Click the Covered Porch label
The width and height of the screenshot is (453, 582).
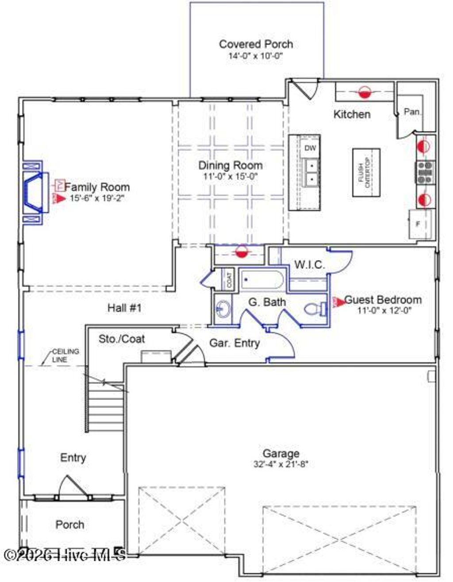tap(256, 44)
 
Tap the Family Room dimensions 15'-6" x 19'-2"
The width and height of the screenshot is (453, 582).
tap(97, 199)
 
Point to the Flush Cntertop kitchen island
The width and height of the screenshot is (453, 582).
tap(366, 172)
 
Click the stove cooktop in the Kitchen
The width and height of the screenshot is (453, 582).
tap(425, 172)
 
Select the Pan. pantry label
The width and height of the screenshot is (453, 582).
tap(412, 112)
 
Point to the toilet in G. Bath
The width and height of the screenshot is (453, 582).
tap(315, 309)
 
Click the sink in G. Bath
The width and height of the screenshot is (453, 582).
tap(223, 307)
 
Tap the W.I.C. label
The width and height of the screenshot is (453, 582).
tap(310, 265)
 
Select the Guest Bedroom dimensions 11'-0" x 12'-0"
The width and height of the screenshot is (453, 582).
tap(384, 310)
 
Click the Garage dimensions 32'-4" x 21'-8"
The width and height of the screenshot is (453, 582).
tap(280, 464)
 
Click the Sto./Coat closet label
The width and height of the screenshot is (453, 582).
tap(121, 339)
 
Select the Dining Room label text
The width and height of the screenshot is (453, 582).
tap(230, 165)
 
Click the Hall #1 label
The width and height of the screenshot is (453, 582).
tap(124, 308)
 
